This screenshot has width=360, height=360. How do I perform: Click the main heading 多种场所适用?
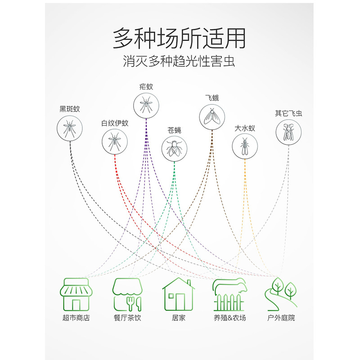[x=179, y=38]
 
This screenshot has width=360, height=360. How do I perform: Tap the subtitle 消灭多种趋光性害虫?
[x=179, y=61]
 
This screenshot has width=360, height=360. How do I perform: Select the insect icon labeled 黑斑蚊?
[x=70, y=128]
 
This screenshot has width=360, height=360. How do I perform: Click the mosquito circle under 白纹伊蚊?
[x=115, y=142]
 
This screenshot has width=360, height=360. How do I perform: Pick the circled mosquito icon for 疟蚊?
[x=146, y=106]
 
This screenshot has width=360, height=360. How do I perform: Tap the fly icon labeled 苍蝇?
[x=174, y=148]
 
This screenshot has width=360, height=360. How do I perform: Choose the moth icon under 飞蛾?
[x=212, y=117]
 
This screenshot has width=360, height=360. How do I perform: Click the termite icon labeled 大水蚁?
[x=245, y=146]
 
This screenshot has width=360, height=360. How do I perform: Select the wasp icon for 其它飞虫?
[x=288, y=132]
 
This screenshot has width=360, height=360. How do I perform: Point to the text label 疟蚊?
[x=146, y=87]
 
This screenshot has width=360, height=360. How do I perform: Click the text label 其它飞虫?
[x=288, y=113]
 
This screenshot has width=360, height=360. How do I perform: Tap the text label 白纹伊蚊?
[x=115, y=123]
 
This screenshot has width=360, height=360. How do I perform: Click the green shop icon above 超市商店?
[x=76, y=294]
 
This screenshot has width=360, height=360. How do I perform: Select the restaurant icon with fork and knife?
[x=127, y=295]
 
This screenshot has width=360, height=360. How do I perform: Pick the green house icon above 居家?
[x=178, y=294]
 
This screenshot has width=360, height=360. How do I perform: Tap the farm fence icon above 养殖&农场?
[x=229, y=295]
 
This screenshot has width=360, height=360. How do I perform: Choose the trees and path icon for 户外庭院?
[x=280, y=294]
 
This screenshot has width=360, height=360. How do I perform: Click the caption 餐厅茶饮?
[x=127, y=318]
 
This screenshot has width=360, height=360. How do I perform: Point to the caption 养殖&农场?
[x=230, y=318]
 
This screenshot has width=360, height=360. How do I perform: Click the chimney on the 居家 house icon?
[x=189, y=283]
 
